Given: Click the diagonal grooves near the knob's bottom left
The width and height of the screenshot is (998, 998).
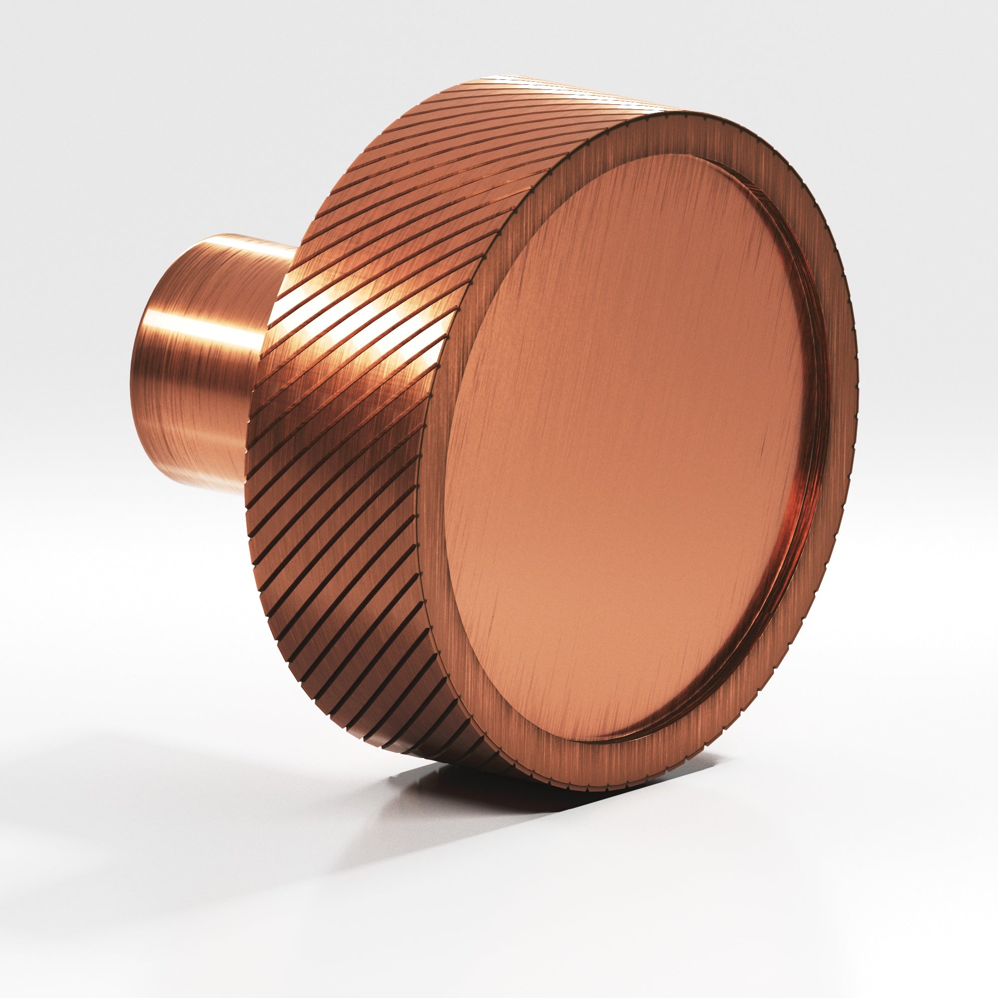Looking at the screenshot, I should (320, 646).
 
